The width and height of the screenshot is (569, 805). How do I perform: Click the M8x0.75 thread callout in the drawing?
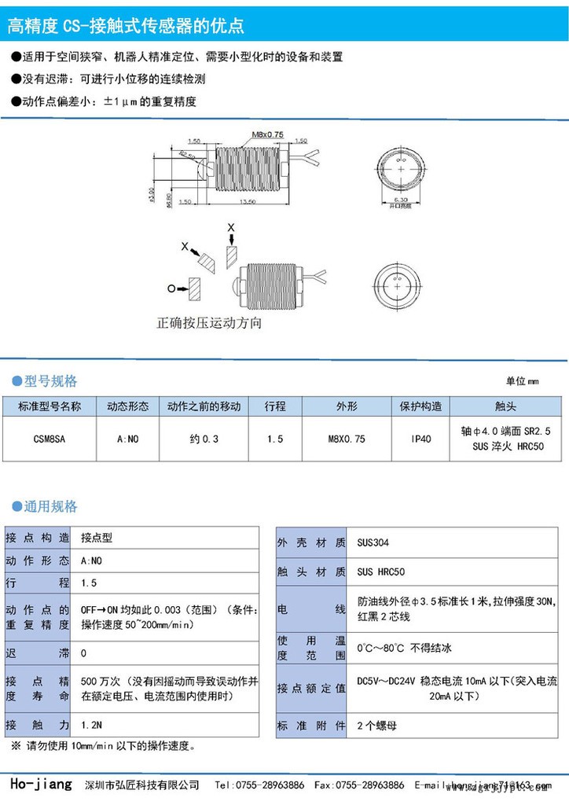pos(267,134)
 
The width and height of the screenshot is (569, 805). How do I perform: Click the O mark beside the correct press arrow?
pos(171,289)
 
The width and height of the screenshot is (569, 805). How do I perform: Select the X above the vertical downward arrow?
pos(230,227)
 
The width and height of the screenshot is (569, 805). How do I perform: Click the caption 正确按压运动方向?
pos(208,323)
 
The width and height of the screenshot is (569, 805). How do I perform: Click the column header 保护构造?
pos(422,406)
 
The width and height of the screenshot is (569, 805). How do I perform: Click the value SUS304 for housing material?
pos(373,543)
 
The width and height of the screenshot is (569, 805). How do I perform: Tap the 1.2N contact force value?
pos(91,724)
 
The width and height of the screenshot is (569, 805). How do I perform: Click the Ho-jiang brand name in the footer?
pos(41,785)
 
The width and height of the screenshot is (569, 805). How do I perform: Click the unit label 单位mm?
pos(523,381)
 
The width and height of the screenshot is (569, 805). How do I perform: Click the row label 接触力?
pos(37,724)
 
